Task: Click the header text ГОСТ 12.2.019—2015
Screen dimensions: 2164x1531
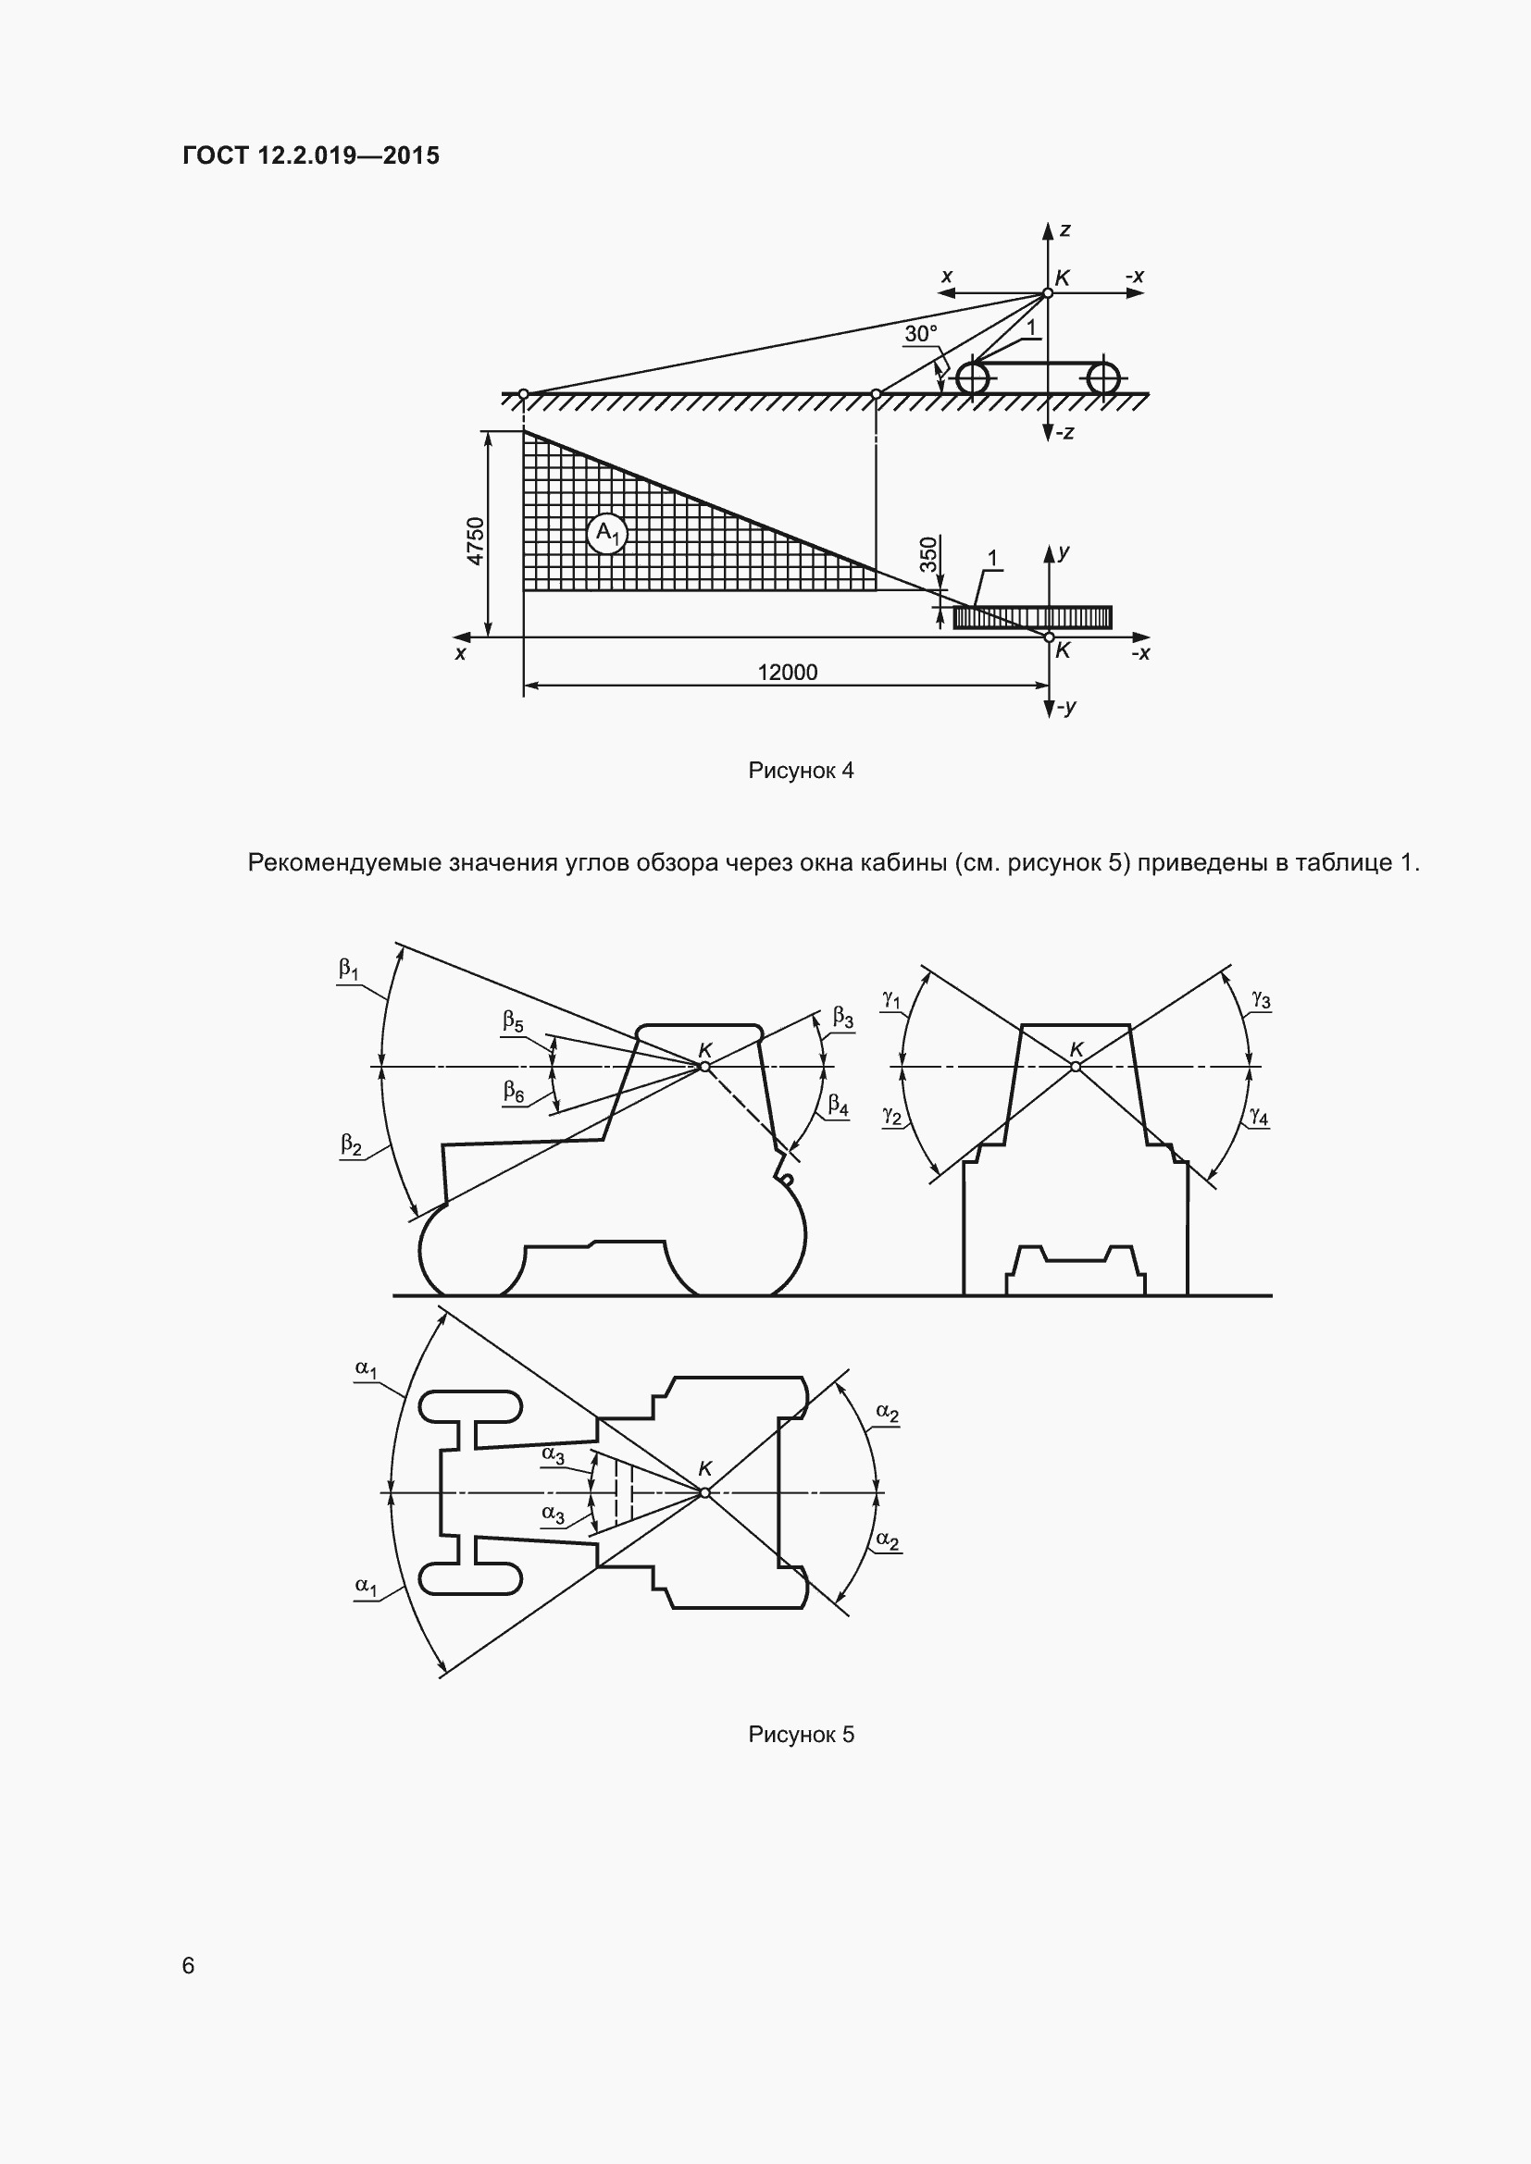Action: point(311,155)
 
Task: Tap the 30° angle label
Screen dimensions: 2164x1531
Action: point(921,334)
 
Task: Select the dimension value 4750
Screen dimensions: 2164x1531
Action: point(476,541)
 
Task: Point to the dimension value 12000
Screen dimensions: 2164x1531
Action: point(787,672)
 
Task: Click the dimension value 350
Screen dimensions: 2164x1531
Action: point(928,554)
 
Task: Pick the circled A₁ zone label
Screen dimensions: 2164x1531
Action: point(608,535)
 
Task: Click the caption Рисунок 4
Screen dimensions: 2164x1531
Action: point(801,771)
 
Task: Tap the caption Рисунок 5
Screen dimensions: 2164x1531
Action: point(801,1735)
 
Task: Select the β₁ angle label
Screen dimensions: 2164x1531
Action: point(349,969)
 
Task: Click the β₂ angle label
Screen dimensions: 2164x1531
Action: point(351,1145)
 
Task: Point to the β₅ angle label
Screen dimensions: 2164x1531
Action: point(513,1020)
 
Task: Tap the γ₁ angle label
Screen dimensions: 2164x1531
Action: point(891,999)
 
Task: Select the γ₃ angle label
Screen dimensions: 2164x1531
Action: point(1261,999)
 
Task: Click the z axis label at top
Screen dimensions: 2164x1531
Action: point(1065,230)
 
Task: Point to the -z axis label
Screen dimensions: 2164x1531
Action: point(1064,434)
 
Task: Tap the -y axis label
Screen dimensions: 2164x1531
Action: point(1065,707)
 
